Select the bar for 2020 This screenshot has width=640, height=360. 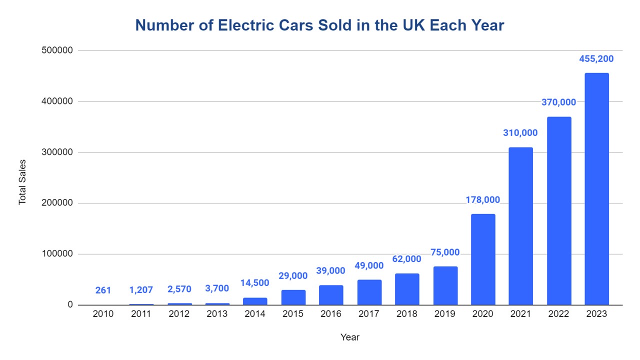[x=483, y=259]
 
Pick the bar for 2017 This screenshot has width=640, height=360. [x=369, y=292]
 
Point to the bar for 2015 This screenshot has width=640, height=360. [x=293, y=297]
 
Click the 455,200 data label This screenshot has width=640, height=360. [x=596, y=59]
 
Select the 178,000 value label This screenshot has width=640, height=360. [x=482, y=200]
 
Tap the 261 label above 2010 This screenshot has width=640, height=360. [x=103, y=290]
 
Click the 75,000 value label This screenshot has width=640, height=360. [x=444, y=252]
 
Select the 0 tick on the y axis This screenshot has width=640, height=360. [x=70, y=305]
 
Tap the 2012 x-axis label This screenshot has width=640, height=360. [x=179, y=314]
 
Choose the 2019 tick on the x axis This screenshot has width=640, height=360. [x=444, y=314]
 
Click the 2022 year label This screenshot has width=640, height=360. [x=558, y=314]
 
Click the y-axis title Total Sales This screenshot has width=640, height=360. [x=22, y=182]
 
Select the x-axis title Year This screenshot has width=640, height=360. [x=349, y=337]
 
